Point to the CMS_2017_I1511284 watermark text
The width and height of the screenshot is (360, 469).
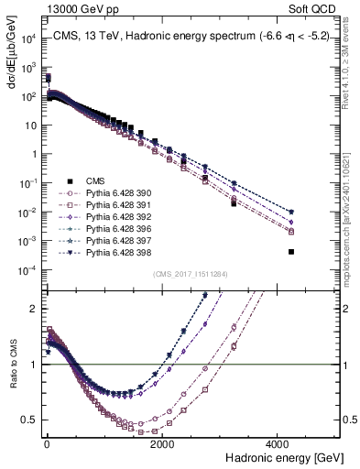coord(190,274)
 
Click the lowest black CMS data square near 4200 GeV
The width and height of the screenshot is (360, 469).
coord(290,252)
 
